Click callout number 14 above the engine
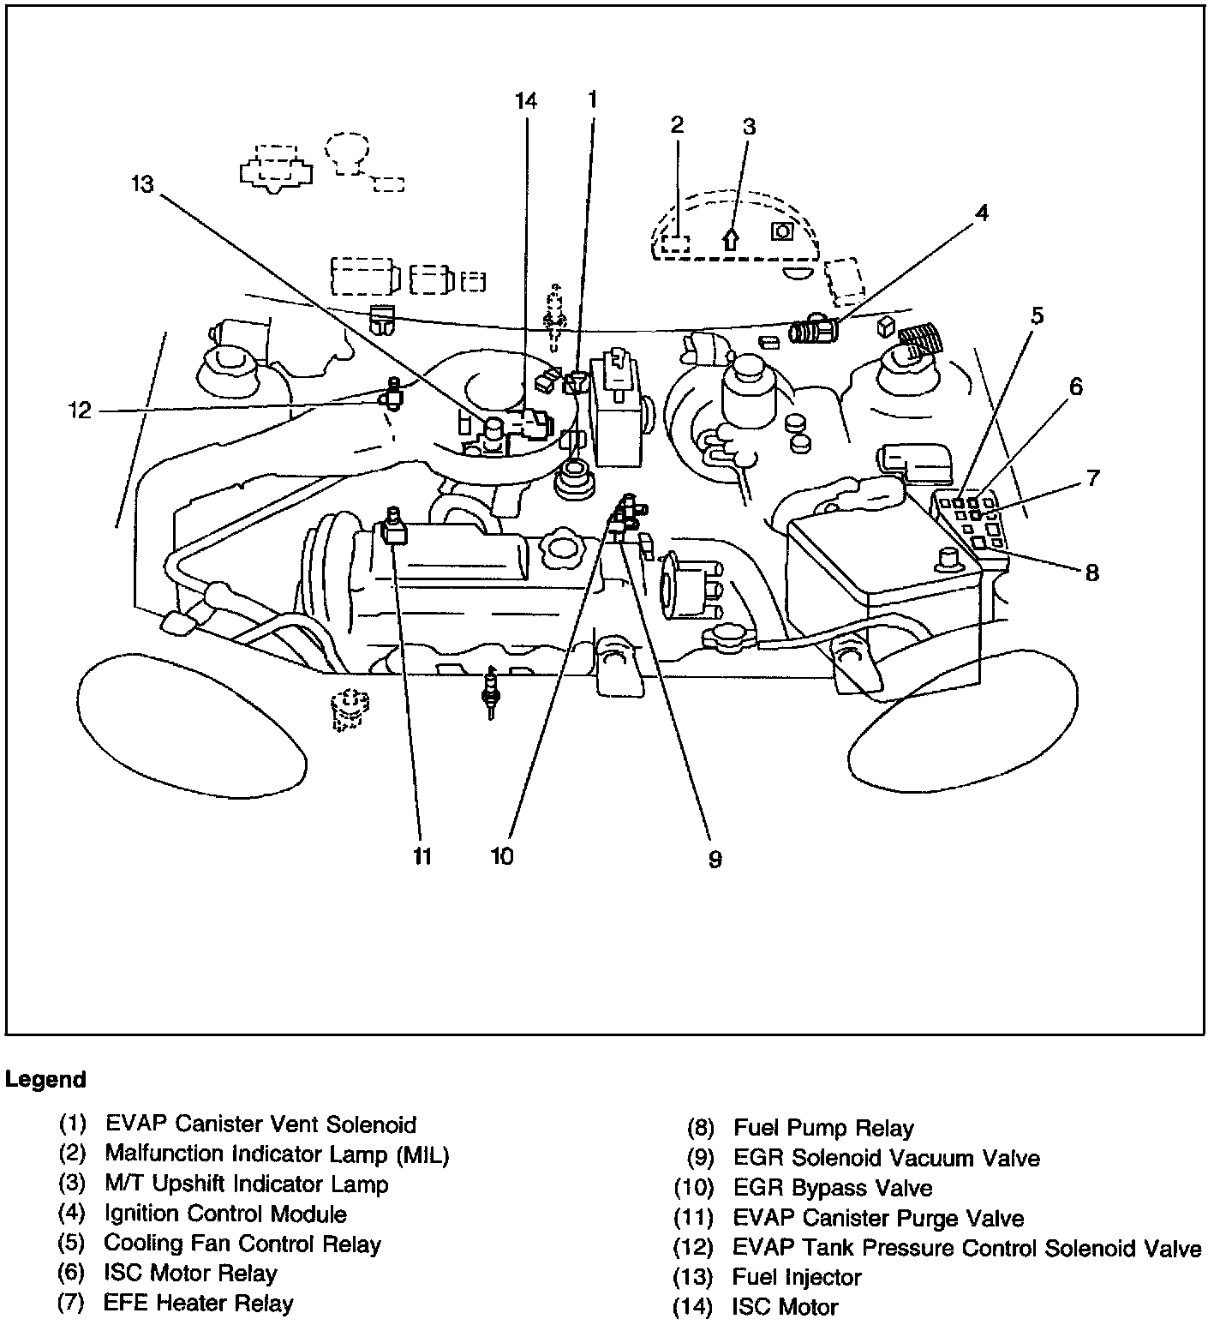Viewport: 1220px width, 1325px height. pos(526,100)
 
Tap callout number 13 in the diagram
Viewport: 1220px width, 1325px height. pos(142,184)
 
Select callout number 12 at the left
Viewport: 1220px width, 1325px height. pos(80,411)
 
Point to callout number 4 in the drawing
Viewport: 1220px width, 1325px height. pos(982,213)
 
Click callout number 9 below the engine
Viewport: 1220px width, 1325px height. pos(715,859)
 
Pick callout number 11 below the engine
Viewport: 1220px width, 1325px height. pos(422,856)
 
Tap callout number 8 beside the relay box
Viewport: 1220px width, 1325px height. pos(1091,573)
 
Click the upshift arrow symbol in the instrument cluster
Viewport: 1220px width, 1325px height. pos(730,237)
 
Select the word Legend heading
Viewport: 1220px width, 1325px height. pos(45,1079)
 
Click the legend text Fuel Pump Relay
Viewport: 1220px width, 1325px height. pos(823,1129)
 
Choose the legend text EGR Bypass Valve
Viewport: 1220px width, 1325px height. pos(833,1188)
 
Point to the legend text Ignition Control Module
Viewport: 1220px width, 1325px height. pos(225,1214)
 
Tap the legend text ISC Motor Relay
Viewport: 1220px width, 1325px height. pos(190,1273)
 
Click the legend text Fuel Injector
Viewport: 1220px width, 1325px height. pos(797,1277)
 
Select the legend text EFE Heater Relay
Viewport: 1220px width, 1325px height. pos(198,1303)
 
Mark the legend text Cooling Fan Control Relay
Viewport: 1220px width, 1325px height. pos(242,1243)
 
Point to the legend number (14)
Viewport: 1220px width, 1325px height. pos(693,1307)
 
